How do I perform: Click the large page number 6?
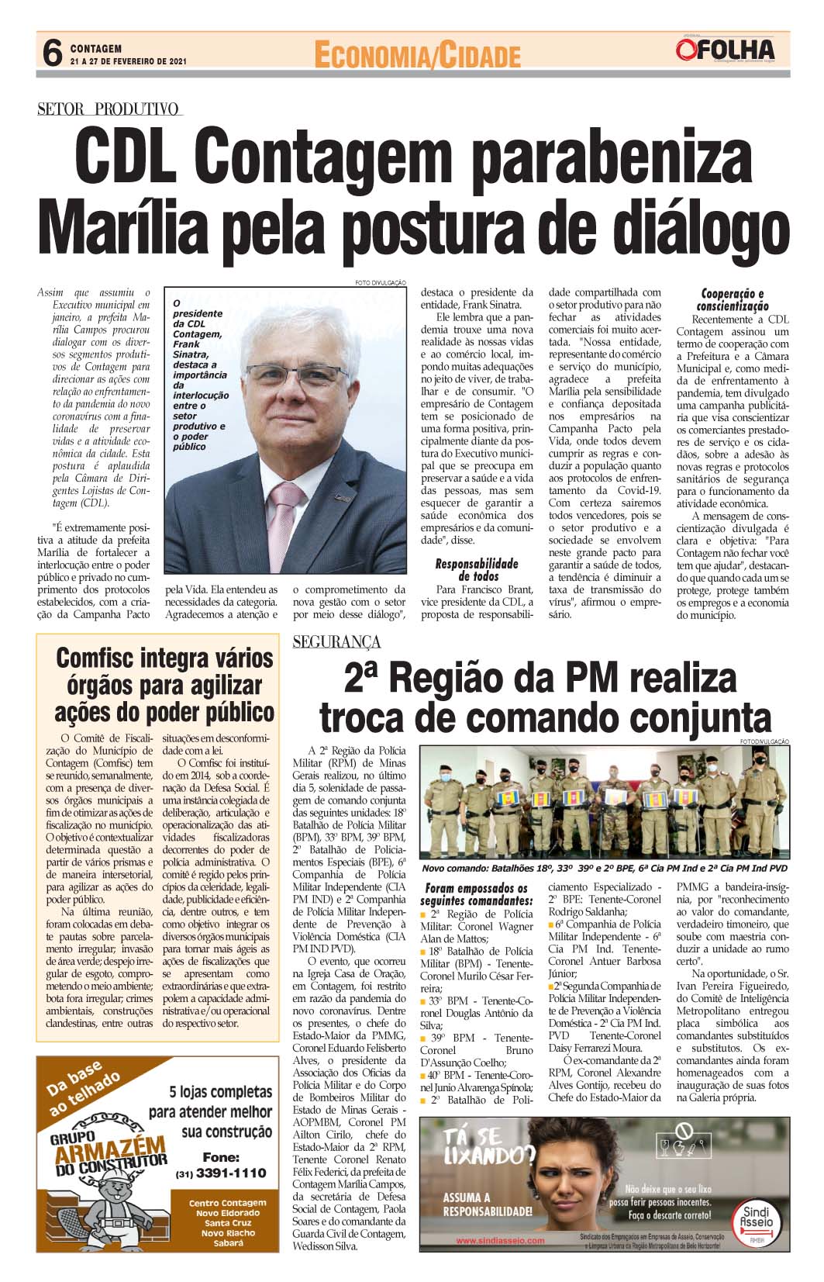coord(51,54)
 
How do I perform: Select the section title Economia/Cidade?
coord(416,55)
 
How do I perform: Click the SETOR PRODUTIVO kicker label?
coord(109,109)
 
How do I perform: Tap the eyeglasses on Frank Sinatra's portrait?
coord(298,375)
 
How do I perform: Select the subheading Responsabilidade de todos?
coord(476,569)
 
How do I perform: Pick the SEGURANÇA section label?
coord(337,641)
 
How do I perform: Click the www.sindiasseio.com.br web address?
coord(500,1240)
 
